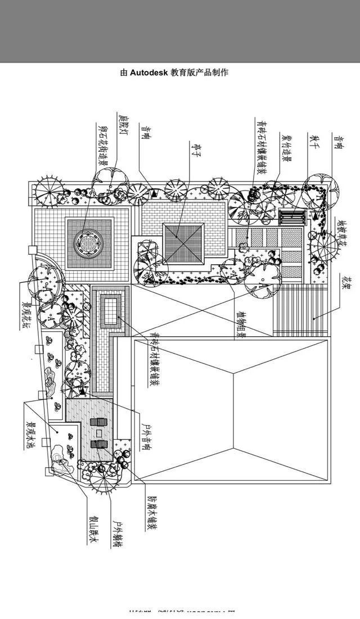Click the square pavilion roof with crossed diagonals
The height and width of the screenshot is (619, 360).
183,243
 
